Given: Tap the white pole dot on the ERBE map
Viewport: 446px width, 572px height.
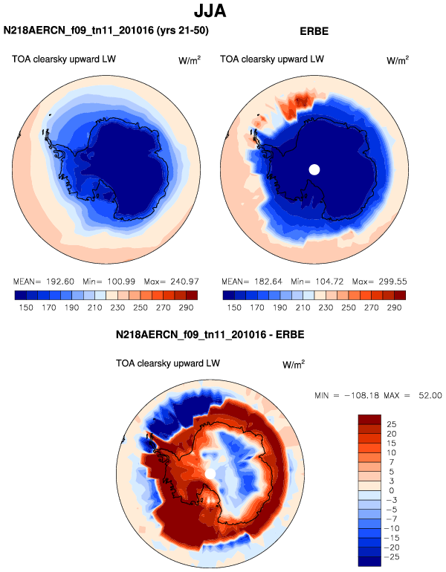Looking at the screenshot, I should tap(314, 169).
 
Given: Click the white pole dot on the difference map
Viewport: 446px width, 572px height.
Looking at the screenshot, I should tap(211, 474).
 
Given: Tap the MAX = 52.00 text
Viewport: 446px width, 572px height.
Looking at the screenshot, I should tap(418, 395).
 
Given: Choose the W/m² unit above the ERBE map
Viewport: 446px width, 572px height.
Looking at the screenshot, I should tap(398, 60).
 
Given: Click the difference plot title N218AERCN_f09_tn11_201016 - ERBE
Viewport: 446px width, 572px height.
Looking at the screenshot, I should tap(210, 335).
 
